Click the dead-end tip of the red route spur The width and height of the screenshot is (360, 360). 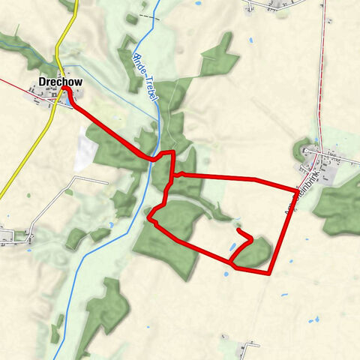tap(238, 231)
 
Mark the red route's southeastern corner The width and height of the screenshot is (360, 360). tap(268, 274)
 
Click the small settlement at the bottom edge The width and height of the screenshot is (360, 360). tap(247, 349)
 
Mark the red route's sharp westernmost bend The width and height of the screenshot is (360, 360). tap(149, 220)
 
